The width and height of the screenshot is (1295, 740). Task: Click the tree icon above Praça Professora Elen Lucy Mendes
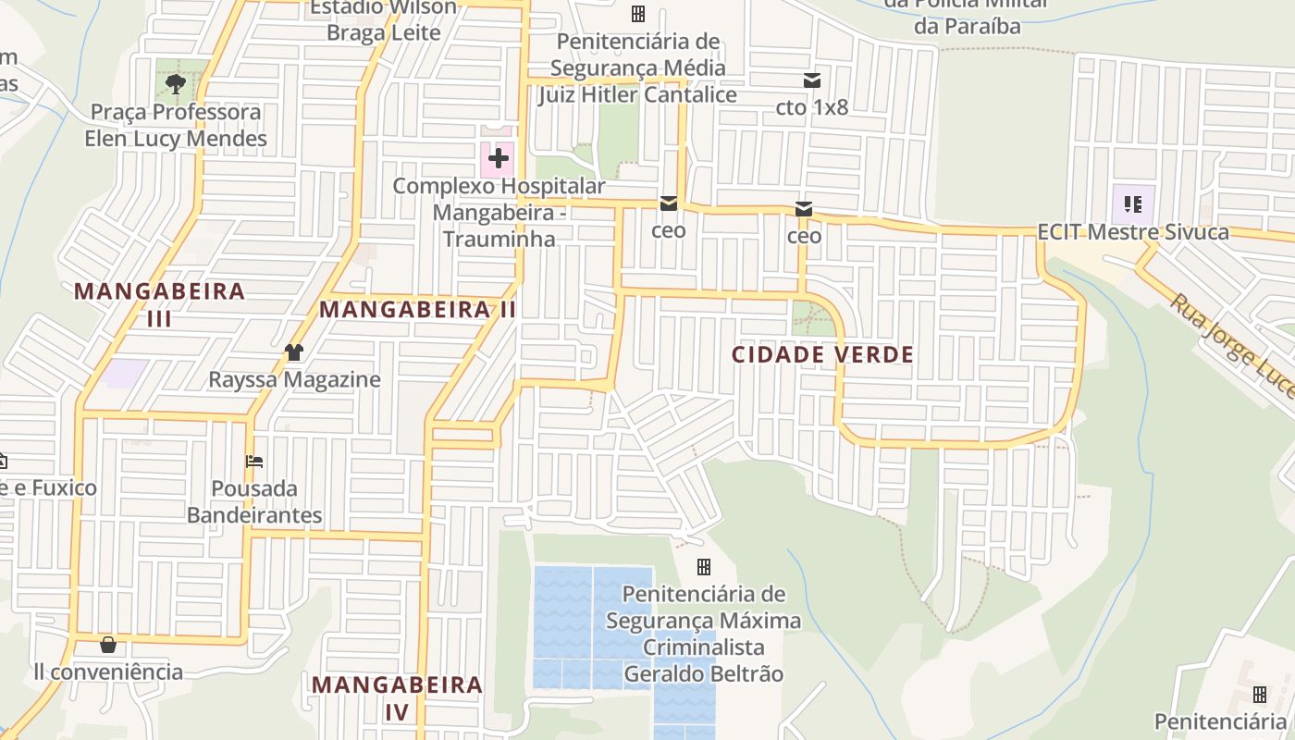click(175, 85)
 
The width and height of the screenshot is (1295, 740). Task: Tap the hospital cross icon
click(499, 158)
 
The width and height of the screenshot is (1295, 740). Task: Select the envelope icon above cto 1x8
click(811, 80)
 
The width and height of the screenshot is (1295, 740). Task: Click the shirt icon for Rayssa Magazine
click(294, 352)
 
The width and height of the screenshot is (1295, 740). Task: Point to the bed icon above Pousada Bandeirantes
click(254, 461)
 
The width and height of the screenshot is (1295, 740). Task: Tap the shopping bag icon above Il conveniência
click(108, 645)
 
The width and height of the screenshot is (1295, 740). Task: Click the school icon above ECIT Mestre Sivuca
click(1133, 203)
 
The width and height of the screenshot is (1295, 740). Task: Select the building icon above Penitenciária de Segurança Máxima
click(704, 566)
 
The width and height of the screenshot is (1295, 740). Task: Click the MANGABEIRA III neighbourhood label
click(159, 304)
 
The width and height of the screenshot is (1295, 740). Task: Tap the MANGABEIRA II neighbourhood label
click(418, 310)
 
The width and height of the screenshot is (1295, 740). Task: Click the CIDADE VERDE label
click(822, 354)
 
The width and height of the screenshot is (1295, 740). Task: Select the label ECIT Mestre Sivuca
click(1133, 231)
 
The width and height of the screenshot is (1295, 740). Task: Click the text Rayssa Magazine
click(294, 379)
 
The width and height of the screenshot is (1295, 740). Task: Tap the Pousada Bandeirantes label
click(254, 501)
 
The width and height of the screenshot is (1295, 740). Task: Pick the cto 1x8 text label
click(811, 107)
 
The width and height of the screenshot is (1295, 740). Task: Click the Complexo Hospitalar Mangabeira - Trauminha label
click(499, 212)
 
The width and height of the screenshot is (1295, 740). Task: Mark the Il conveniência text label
click(108, 672)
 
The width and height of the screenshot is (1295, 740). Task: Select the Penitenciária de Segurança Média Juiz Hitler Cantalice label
click(637, 68)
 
